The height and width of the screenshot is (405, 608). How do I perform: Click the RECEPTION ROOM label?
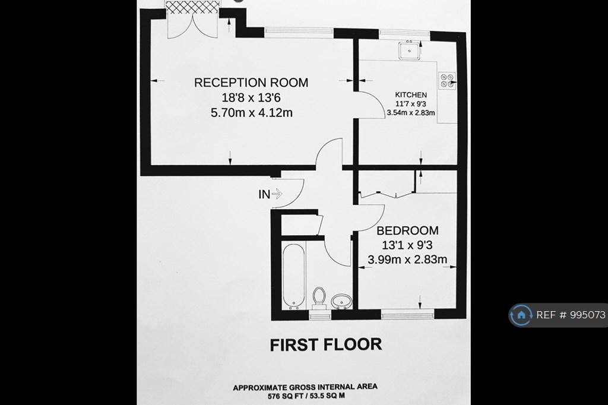tap(251, 83)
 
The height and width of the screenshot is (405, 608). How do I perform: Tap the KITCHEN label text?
tap(411, 94)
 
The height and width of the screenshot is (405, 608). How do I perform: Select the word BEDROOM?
tap(407, 230)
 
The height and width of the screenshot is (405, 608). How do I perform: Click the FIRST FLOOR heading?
tap(326, 345)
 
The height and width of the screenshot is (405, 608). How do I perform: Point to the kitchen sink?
tap(409, 50)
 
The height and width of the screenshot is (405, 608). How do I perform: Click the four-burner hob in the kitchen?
tap(447, 81)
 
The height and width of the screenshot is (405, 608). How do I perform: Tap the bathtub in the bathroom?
tap(293, 276)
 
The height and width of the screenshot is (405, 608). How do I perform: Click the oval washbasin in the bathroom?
tap(341, 301)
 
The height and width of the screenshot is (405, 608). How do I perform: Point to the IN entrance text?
tap(264, 194)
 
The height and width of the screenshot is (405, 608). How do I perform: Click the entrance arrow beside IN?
tap(277, 194)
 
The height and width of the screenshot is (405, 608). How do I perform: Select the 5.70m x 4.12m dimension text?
tap(251, 113)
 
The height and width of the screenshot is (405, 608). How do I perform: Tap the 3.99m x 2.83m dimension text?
tap(407, 259)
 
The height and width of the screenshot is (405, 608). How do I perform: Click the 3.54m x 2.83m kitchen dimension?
tap(411, 113)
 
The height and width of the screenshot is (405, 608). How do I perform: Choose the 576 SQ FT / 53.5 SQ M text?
tap(306, 396)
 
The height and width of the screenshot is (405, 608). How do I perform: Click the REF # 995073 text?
tap(571, 315)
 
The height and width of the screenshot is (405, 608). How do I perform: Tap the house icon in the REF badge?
tap(521, 315)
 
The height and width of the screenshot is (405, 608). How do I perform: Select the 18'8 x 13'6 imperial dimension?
tap(251, 98)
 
